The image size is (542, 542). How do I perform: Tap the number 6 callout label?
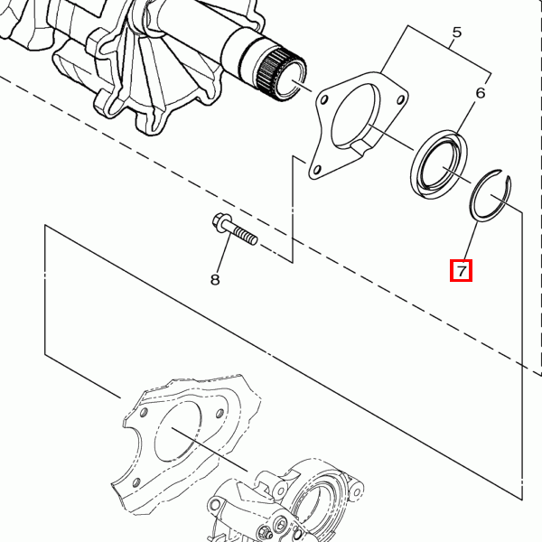click(x=481, y=93)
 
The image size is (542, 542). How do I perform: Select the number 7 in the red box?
click(x=462, y=270)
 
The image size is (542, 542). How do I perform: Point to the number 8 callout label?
click(x=215, y=280)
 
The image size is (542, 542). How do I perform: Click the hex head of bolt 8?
click(x=220, y=223)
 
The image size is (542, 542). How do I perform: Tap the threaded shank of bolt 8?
click(x=246, y=236)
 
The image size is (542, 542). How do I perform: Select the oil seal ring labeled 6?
click(x=438, y=164)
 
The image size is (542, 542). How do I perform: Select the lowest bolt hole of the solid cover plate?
click(x=315, y=168)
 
